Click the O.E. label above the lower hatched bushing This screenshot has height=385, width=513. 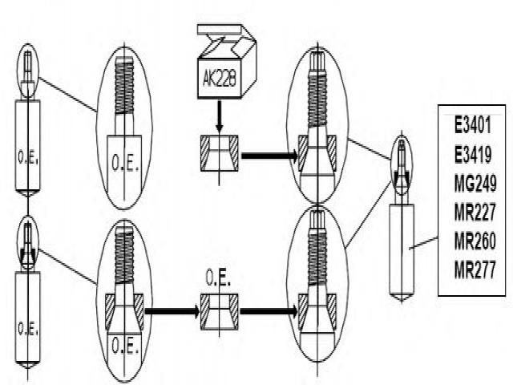coord(216,282)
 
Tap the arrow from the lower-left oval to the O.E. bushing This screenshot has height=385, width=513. coord(172,310)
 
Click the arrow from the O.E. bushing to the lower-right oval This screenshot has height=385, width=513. coord(269,310)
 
